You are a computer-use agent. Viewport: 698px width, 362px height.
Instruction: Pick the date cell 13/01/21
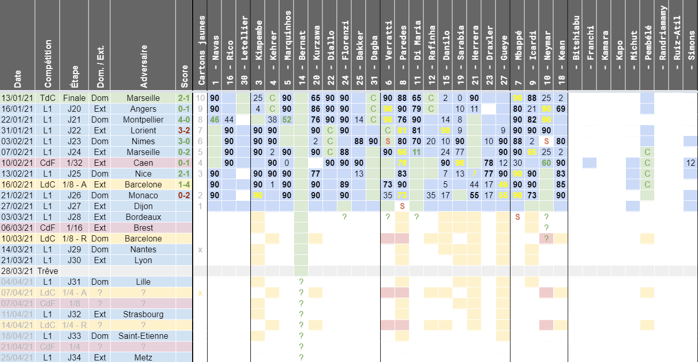click(16, 98)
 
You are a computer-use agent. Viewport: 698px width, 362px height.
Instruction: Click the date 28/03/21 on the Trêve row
click(16, 271)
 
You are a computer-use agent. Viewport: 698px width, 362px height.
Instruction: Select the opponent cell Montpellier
click(144, 119)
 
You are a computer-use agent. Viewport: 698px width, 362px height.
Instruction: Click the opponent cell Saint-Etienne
click(144, 336)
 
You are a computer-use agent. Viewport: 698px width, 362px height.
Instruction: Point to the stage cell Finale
click(75, 98)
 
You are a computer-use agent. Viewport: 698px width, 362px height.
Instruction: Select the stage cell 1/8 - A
click(75, 184)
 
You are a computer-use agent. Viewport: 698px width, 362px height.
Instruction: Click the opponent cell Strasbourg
click(144, 314)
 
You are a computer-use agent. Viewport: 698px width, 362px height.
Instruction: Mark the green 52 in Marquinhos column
click(287, 119)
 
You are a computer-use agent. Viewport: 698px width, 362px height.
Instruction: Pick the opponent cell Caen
click(144, 163)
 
